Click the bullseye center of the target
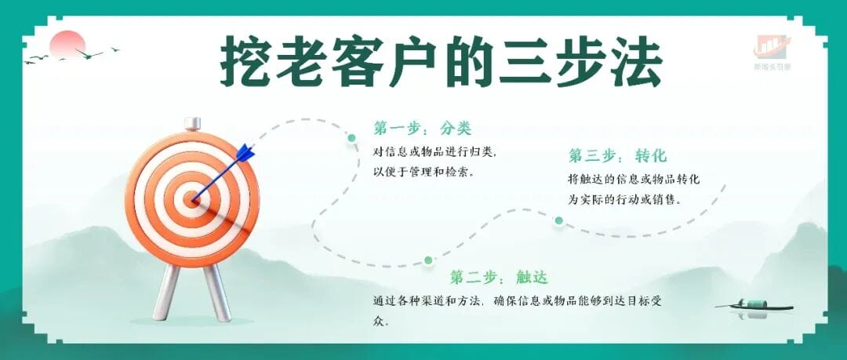coord(193,199)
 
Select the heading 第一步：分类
coord(423,128)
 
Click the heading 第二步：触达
coord(499,278)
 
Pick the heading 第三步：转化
coord(617,155)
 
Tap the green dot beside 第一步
coord(351,138)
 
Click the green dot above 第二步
coord(428,260)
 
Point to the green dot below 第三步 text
coord(558,220)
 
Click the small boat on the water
coord(755,307)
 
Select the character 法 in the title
coord(636,60)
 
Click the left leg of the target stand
coord(165,292)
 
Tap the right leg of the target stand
coord(217,292)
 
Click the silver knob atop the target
coord(192,124)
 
